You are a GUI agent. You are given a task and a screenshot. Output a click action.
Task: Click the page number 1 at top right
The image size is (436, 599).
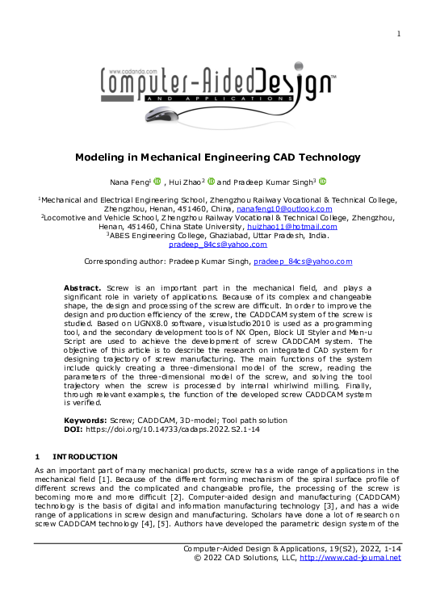tap(399, 33)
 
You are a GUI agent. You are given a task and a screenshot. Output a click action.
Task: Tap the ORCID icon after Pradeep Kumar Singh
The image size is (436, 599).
tap(321, 182)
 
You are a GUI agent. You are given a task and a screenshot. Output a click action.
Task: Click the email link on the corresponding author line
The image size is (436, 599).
tap(303, 262)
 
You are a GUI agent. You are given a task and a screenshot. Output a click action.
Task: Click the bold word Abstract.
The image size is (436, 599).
tap(82, 288)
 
